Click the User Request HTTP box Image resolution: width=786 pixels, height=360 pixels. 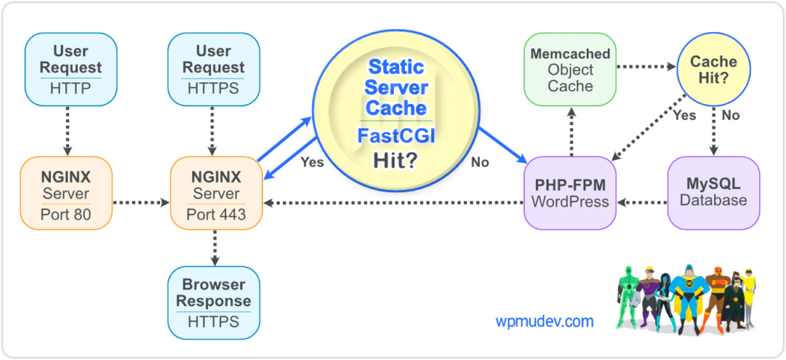tap(70, 69)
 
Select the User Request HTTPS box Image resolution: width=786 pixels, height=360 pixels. tap(213, 69)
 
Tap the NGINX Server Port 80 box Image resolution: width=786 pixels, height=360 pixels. tap(66, 192)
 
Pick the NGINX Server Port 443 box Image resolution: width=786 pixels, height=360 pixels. tap(216, 192)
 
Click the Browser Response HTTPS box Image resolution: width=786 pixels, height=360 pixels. tap(213, 301)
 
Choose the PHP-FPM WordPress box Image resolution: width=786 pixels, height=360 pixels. tap(570, 192)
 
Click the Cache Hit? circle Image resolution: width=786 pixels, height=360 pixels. tap(713, 70)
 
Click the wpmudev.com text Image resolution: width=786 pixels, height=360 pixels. tap(544, 321)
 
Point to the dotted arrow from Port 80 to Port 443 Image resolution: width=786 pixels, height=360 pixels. tap(140, 202)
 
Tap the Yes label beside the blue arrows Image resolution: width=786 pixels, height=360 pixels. tap(311, 162)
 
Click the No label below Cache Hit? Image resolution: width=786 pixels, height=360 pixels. tap(731, 115)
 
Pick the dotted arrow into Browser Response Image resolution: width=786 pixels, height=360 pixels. tap(216, 248)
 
